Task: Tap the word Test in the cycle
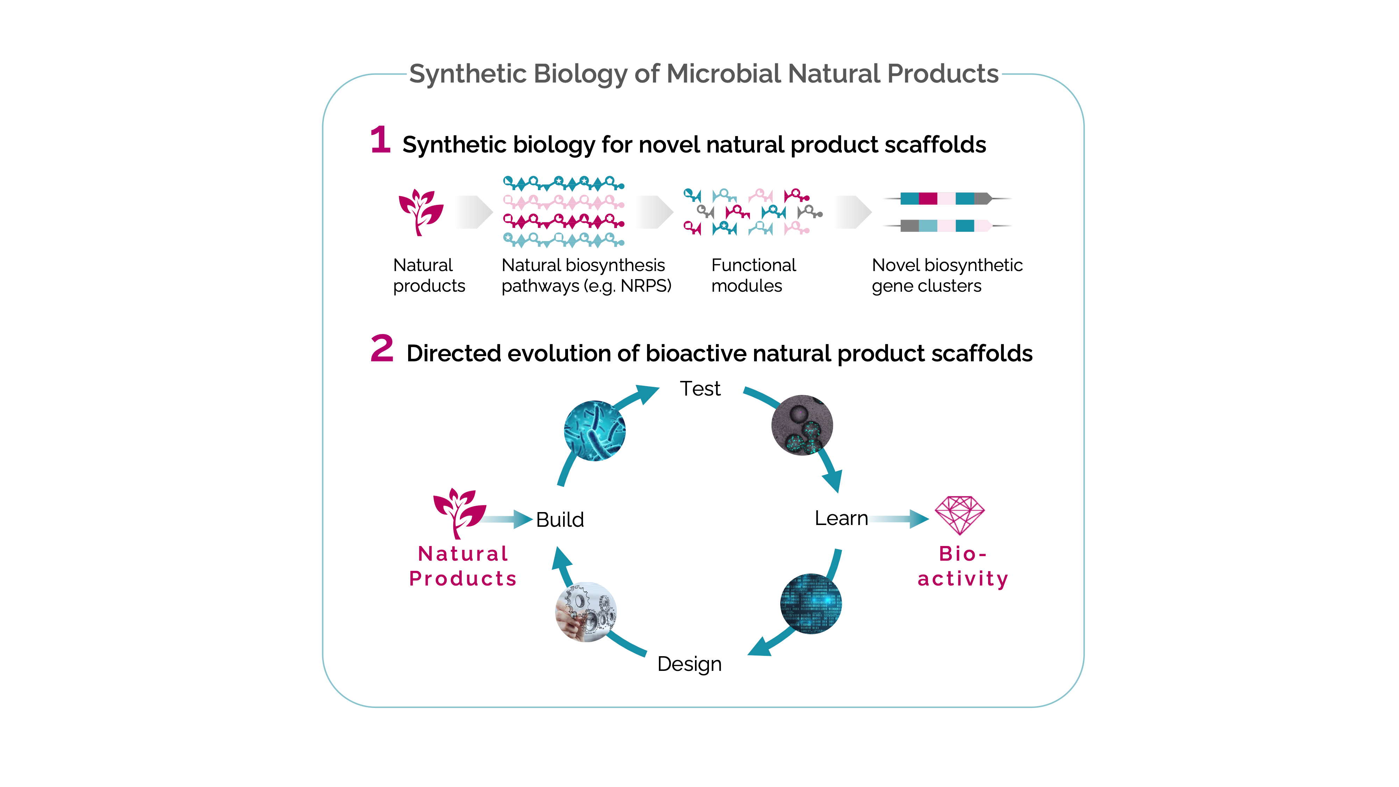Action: [x=700, y=389]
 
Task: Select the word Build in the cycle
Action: [x=560, y=520]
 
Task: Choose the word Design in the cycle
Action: [x=689, y=664]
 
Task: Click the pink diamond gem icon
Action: [x=959, y=515]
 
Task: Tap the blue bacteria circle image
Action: [x=595, y=431]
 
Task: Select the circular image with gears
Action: [x=586, y=612]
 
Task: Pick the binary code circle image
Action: [x=811, y=603]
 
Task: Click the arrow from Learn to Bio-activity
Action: [x=900, y=519]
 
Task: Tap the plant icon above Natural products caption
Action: [x=421, y=212]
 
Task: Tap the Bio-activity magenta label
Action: [x=963, y=567]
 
